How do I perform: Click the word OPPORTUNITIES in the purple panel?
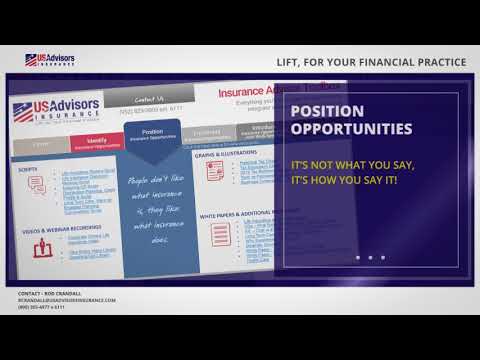tap(349, 130)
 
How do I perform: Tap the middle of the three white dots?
tap(369, 258)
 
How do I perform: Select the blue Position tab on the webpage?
tap(153, 134)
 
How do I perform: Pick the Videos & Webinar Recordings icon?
tap(40, 248)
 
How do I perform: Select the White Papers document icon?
tap(221, 236)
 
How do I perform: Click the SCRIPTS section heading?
tap(29, 168)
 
